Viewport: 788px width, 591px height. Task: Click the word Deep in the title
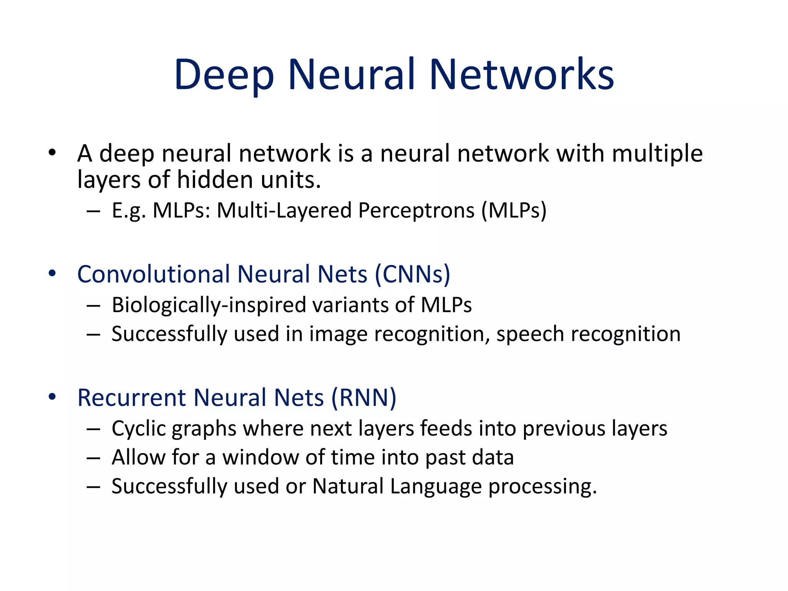224,75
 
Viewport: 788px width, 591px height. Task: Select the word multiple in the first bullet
657,154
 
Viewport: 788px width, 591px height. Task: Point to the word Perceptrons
416,211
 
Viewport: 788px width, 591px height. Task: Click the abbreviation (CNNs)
412,274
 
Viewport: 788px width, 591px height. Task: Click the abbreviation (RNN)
364,398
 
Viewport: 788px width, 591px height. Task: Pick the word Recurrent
132,398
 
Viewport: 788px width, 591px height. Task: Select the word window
260,457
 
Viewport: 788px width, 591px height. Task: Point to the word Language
436,486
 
